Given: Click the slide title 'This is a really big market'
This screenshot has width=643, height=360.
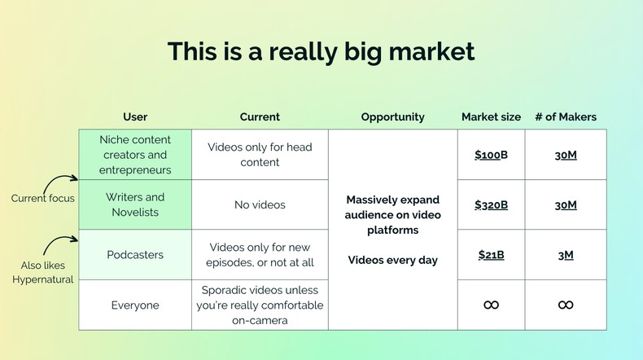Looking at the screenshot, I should pyautogui.click(x=321, y=51).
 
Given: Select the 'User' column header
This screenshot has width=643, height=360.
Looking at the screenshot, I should pyautogui.click(x=135, y=116).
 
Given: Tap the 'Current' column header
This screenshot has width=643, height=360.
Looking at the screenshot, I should pyautogui.click(x=260, y=116).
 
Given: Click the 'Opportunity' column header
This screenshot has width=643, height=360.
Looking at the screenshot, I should pyautogui.click(x=392, y=116).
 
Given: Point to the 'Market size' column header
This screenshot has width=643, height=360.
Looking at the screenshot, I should pyautogui.click(x=491, y=116).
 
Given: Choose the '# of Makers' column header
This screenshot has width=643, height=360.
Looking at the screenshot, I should pyautogui.click(x=566, y=116).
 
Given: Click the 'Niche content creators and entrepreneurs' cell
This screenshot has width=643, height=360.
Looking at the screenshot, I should pyautogui.click(x=135, y=155).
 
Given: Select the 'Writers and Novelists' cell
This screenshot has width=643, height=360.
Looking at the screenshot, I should pyautogui.click(x=135, y=204).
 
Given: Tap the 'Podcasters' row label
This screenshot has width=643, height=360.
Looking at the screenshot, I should pyautogui.click(x=135, y=255).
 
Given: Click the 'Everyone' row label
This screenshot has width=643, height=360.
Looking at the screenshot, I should pyautogui.click(x=135, y=305).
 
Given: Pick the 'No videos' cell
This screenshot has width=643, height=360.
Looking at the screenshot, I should pyautogui.click(x=260, y=205).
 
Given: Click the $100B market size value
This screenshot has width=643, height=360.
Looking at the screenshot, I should pyautogui.click(x=491, y=155).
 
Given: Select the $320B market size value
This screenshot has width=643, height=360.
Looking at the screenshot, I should pyautogui.click(x=491, y=205).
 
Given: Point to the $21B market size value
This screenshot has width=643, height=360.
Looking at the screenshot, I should pyautogui.click(x=491, y=255).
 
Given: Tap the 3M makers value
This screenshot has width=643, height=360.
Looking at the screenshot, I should pyautogui.click(x=566, y=255).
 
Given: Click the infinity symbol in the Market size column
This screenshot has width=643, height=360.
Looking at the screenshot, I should pyautogui.click(x=491, y=305).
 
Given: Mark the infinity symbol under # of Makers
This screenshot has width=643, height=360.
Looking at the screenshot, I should pyautogui.click(x=566, y=305).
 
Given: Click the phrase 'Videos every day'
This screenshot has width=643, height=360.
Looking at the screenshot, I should pyautogui.click(x=392, y=261).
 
